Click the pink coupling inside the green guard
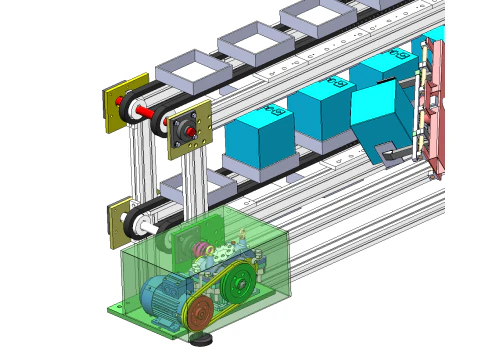(203, 250)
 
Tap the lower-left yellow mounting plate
(119, 223)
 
